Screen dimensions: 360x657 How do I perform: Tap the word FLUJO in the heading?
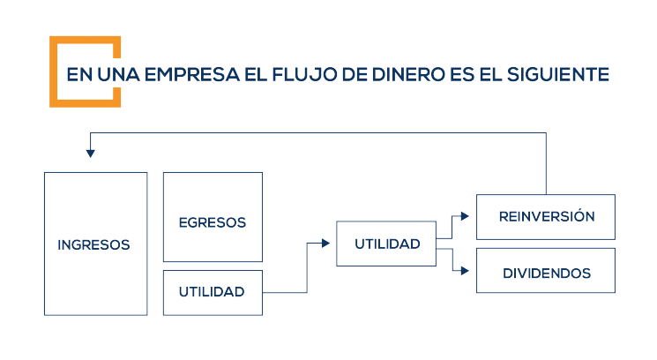304,74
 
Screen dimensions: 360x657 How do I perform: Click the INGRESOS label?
93,245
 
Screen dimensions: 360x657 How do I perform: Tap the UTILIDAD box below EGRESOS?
213,292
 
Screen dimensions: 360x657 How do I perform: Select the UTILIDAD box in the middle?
386,244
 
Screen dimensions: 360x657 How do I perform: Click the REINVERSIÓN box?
546,217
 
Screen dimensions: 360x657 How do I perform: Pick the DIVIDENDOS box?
546,274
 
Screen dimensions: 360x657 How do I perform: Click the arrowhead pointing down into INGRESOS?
91,154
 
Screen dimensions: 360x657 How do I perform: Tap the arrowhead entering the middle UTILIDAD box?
331,244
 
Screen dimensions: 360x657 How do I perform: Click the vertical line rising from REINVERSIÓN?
546,163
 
